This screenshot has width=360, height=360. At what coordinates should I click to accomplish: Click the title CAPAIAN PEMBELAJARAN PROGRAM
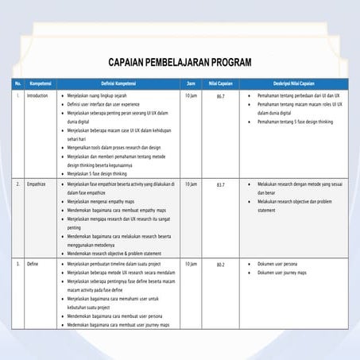180,62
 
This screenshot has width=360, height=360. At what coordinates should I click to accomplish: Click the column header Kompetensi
41,83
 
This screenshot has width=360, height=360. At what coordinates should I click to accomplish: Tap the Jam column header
191,83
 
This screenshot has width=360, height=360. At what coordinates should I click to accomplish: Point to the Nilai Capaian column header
220,83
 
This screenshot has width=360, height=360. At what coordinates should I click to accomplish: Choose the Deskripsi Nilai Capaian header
294,83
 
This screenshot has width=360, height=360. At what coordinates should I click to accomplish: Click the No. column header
17,83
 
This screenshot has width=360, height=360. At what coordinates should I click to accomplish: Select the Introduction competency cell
37,95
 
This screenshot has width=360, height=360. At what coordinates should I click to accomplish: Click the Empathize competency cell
36,184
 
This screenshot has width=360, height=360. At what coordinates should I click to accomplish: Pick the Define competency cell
33,263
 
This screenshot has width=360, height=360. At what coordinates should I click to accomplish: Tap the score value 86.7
220,96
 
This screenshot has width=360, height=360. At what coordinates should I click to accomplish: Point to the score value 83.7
220,185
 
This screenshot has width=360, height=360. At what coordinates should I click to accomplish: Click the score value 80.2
220,264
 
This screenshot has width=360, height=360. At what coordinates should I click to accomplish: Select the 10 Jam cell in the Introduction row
191,95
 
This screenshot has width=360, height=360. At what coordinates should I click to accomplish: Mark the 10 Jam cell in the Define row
191,263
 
